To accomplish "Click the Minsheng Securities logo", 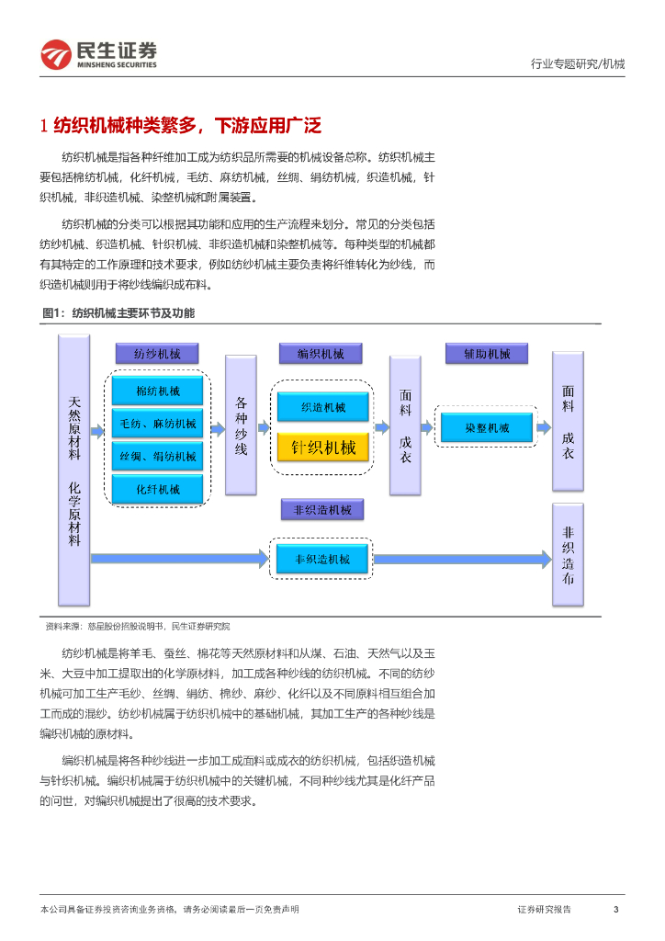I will [x=98, y=54].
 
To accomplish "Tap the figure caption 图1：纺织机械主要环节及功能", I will [x=118, y=313].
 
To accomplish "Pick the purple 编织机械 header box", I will [x=321, y=354].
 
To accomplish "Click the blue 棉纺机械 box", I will [x=157, y=391].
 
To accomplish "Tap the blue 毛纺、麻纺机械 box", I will [x=157, y=424].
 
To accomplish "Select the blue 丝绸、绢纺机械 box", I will [x=157, y=456].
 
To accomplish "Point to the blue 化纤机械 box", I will [x=157, y=489].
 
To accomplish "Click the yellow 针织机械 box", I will [x=322, y=448].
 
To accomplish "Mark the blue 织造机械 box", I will [x=322, y=407].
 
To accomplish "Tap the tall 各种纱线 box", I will [x=241, y=426].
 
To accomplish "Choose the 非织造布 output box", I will [x=568, y=554].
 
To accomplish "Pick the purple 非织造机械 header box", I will [x=321, y=509].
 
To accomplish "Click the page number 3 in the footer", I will [x=615, y=910].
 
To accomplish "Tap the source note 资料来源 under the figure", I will [x=138, y=626].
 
